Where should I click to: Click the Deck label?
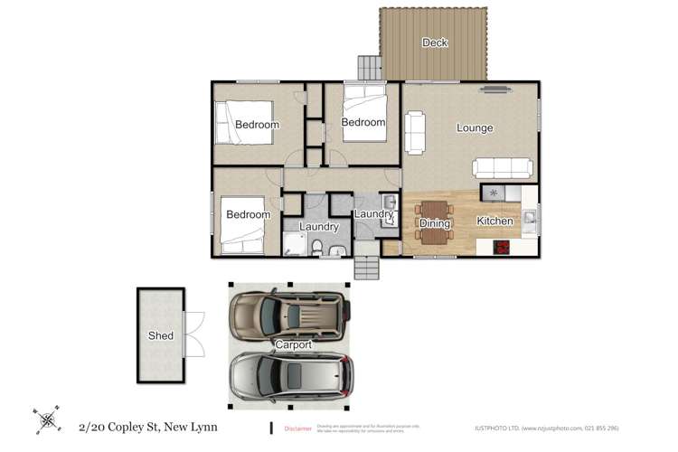tap(435, 42)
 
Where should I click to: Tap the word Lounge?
tap(475, 128)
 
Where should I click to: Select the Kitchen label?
tap(494, 221)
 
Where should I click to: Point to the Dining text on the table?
tap(435, 222)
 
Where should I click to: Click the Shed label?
tap(161, 336)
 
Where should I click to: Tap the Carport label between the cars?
tap(294, 345)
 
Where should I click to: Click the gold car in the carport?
tap(288, 313)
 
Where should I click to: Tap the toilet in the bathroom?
tap(316, 246)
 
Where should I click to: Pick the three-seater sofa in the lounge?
tap(503, 168)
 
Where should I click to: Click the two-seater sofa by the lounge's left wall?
tap(415, 132)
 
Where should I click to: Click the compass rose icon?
tap(46, 419)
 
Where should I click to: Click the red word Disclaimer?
tap(298, 428)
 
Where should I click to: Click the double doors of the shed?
tap(195, 334)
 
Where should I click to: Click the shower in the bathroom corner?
tap(293, 243)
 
